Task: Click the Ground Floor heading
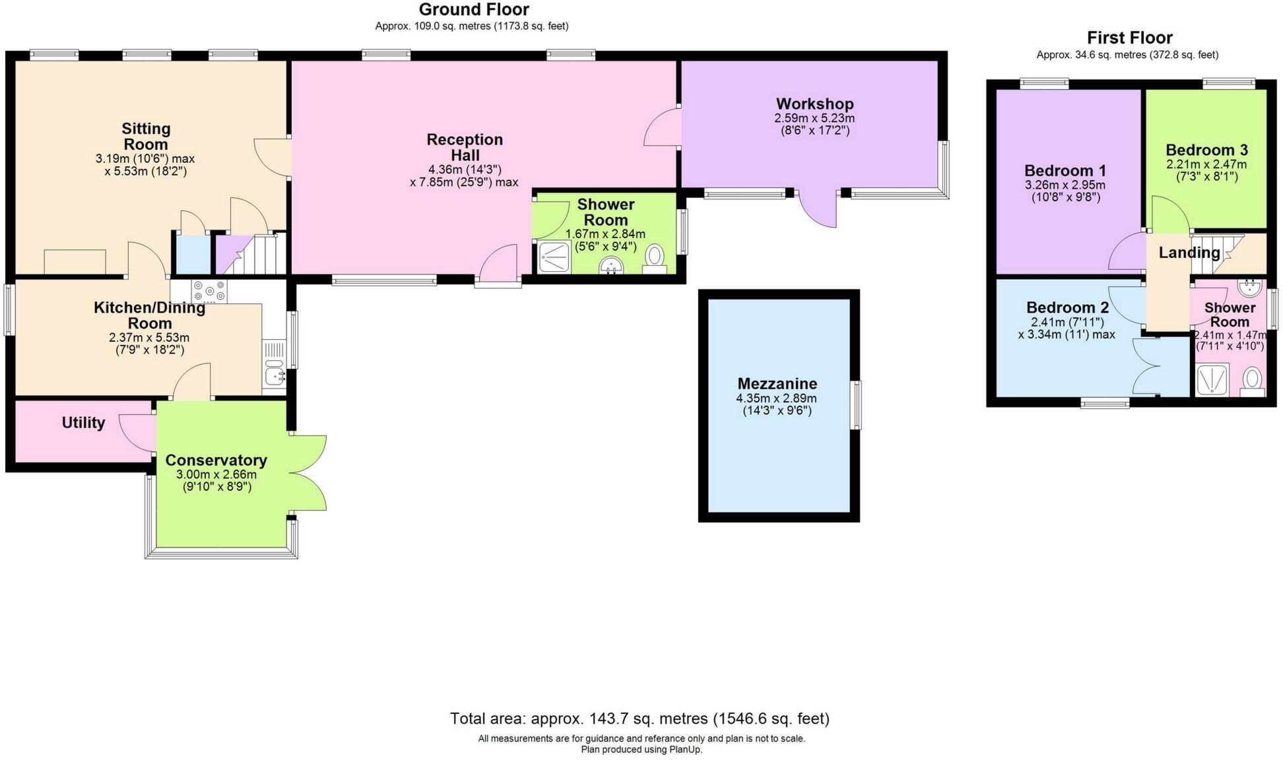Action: tap(473, 10)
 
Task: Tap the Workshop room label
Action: tap(814, 104)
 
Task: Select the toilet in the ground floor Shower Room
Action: tap(655, 257)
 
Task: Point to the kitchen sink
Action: tap(274, 377)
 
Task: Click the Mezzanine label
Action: tap(777, 384)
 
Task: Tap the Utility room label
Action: tap(83, 423)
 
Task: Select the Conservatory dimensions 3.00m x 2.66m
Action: tap(216, 474)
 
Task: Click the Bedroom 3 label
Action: tap(1206, 150)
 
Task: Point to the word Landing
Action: tap(1189, 253)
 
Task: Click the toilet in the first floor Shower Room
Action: tap(1251, 381)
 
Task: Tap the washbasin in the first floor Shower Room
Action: tap(1249, 288)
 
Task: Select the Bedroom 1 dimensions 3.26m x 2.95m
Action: tap(1065, 185)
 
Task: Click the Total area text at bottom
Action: tap(639, 718)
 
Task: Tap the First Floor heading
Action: tap(1129, 38)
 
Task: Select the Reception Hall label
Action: tap(465, 147)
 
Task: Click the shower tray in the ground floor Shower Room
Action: tap(553, 257)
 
